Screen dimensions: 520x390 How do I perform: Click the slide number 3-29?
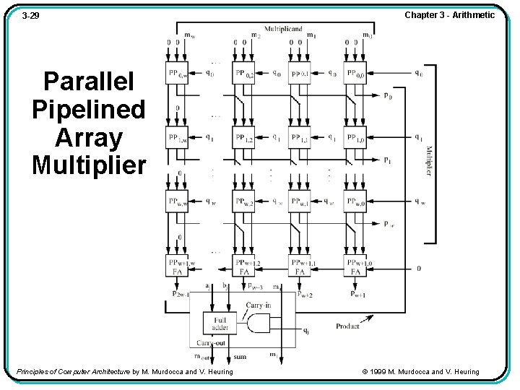point(30,15)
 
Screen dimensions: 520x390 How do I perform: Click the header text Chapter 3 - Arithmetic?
point(449,15)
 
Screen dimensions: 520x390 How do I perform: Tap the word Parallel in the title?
point(89,81)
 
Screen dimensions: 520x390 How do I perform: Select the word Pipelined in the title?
point(89,109)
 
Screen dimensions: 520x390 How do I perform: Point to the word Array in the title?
point(89,137)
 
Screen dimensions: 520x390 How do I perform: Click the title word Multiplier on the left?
point(89,165)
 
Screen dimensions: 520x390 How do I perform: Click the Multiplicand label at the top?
point(282,29)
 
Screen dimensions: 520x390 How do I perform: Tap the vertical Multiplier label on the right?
point(428,160)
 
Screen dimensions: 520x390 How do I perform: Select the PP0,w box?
point(178,73)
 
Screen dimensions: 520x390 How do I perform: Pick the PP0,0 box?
point(355,73)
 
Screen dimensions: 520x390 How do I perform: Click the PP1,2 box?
point(244,137)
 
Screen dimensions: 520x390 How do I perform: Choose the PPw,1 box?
point(300,201)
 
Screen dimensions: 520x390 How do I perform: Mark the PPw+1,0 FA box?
point(355,266)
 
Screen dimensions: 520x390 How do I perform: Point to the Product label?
point(347,326)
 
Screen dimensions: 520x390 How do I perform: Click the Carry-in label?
point(259,305)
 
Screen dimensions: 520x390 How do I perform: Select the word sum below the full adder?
point(240,357)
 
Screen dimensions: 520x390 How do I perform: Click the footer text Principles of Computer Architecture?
point(73,372)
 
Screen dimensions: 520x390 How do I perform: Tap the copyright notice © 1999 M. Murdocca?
point(419,372)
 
